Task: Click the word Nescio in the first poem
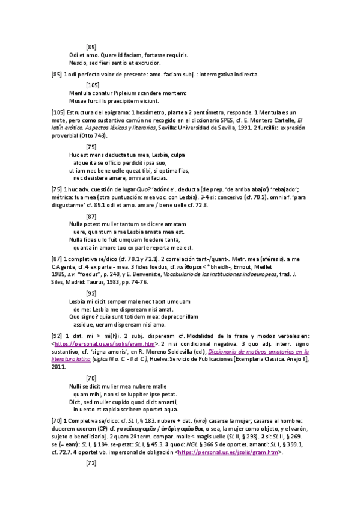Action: point(78,62)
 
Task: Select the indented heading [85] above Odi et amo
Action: point(91,46)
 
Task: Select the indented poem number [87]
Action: point(91,216)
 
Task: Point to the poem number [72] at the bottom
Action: point(91,463)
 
